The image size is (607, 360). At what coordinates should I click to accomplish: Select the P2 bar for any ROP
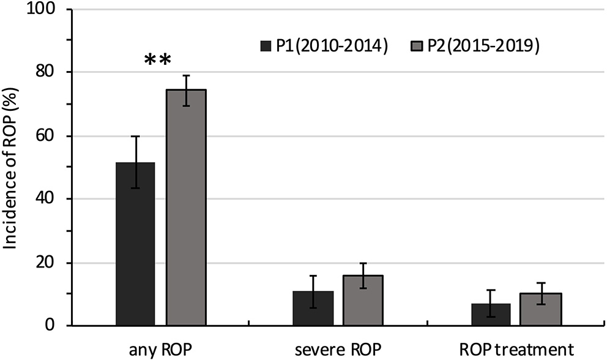(186, 208)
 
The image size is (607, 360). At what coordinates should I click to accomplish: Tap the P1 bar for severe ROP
(313, 309)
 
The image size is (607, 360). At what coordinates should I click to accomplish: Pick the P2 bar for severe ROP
(363, 301)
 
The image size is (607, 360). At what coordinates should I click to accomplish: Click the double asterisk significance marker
(158, 60)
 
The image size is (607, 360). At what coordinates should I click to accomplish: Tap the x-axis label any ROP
(161, 350)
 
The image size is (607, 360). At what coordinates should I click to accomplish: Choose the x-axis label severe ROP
(338, 350)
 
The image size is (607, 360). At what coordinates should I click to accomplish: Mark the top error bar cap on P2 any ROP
(186, 75)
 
